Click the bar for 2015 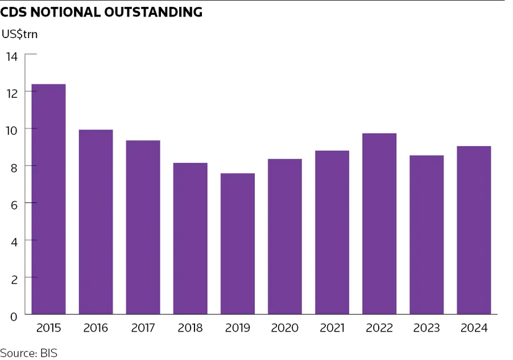(x=48, y=199)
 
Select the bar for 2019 (x=238, y=243)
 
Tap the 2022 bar (x=379, y=224)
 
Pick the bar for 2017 (x=143, y=227)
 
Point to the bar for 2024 (x=474, y=230)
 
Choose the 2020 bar (x=285, y=236)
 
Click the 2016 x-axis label (x=96, y=328)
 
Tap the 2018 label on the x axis (x=190, y=328)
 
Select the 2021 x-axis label (x=332, y=328)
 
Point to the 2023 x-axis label (x=427, y=328)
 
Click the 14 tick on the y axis (x=13, y=56)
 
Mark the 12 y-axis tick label (x=13, y=93)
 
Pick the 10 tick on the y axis (x=13, y=130)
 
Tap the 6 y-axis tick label (x=14, y=204)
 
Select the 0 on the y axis (x=14, y=315)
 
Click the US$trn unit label (x=19, y=34)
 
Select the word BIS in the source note (x=49, y=353)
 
